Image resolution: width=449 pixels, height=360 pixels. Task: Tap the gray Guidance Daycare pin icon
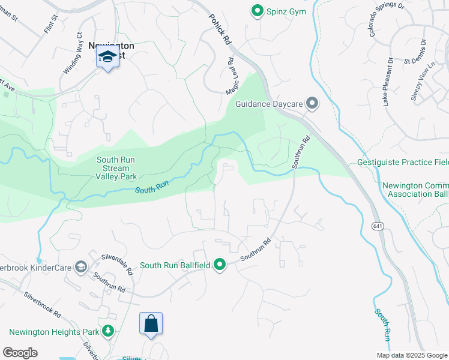tap(312, 104)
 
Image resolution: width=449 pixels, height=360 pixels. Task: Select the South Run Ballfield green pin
tap(220, 265)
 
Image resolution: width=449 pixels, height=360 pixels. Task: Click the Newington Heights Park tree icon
tap(108, 331)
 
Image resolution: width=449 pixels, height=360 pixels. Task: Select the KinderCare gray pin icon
tap(80, 267)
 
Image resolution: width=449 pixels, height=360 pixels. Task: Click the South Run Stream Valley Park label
tap(117, 168)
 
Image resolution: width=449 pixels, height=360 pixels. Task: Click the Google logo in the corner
tap(20, 352)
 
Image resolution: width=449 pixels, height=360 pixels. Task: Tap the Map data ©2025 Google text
tap(411, 355)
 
